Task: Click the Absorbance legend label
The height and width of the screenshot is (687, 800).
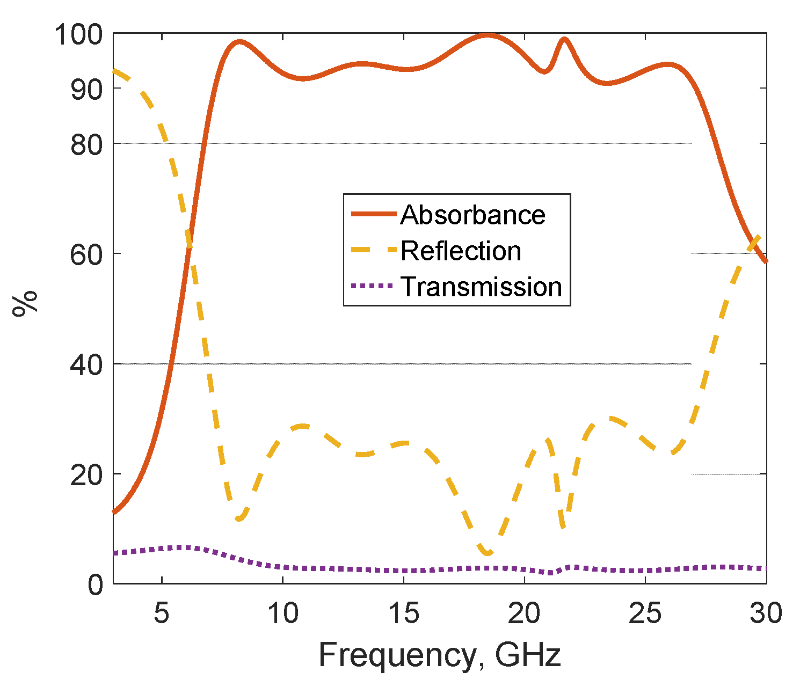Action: point(472,215)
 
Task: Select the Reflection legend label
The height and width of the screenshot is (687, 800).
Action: point(461,251)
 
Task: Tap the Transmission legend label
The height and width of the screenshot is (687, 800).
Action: point(481,287)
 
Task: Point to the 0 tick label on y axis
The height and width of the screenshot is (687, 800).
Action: point(94,584)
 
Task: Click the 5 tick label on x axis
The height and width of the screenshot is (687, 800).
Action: point(162,613)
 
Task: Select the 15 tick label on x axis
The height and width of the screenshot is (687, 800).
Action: point(403,613)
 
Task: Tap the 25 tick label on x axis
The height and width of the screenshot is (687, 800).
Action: point(645,613)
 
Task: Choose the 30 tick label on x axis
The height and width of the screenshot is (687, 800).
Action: point(765,613)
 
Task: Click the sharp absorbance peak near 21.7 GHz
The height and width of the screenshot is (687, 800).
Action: point(564,39)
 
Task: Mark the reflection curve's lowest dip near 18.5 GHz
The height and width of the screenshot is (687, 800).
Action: point(488,553)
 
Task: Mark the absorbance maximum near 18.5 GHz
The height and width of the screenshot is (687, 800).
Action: point(488,35)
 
